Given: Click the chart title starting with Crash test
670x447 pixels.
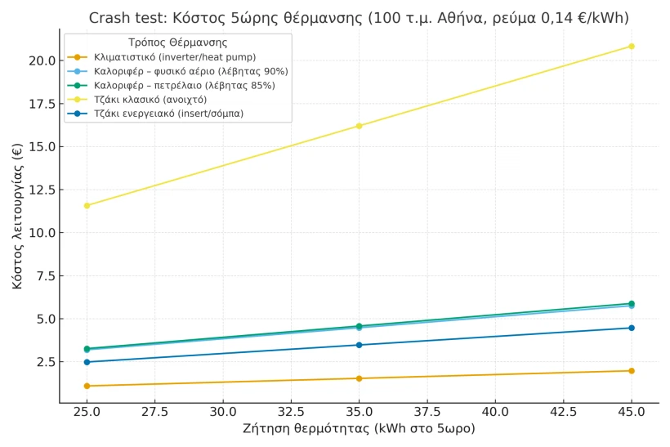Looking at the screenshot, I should click(x=359, y=18).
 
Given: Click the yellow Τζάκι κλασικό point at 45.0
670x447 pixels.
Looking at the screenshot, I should click(x=631, y=46).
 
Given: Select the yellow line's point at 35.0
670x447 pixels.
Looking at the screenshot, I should click(x=359, y=126).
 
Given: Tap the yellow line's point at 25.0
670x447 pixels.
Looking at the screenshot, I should click(x=87, y=205).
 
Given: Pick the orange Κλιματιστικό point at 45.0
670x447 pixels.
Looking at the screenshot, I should click(x=631, y=371).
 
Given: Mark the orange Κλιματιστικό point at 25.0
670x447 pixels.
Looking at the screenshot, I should click(x=87, y=386).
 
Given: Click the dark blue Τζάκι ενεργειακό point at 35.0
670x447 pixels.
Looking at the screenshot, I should click(x=359, y=345).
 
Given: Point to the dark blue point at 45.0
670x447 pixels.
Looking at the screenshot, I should click(x=631, y=328).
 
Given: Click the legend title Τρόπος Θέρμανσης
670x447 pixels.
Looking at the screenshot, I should click(x=177, y=42).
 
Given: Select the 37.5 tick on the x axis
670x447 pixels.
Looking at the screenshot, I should click(x=427, y=411).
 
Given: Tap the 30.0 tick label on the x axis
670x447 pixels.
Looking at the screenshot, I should click(x=222, y=411).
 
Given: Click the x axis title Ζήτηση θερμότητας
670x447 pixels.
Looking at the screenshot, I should click(x=359, y=428).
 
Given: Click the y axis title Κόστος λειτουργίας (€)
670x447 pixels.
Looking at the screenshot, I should click(x=17, y=216).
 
